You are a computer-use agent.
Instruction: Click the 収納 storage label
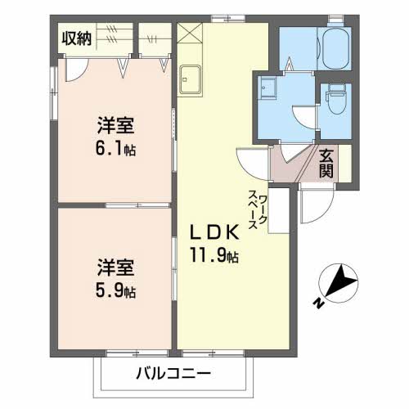coord(75,37)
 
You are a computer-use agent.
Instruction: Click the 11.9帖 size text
coord(216,255)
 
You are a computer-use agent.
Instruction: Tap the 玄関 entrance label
coord(326,163)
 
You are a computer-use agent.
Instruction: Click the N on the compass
coord(317,303)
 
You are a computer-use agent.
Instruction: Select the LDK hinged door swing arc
coord(248,161)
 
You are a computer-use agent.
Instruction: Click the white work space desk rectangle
coord(279,211)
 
